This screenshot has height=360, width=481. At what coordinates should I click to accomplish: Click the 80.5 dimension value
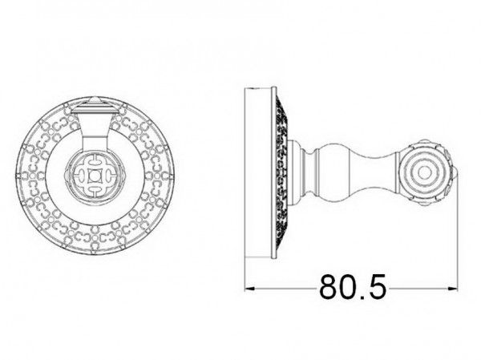tap(353, 287)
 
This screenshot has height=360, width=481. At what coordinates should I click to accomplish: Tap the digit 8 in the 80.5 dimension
tap(328, 287)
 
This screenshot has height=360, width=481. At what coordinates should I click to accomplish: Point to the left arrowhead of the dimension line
tap(250, 288)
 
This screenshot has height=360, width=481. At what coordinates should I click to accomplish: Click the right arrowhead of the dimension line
tap(452, 288)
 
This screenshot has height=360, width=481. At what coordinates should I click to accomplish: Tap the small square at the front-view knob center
tap(94, 176)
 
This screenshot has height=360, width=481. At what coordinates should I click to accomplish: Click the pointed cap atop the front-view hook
tap(95, 103)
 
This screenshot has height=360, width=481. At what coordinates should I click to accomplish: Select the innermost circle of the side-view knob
tap(424, 173)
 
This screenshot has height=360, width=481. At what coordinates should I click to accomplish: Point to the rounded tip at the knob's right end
tap(457, 175)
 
